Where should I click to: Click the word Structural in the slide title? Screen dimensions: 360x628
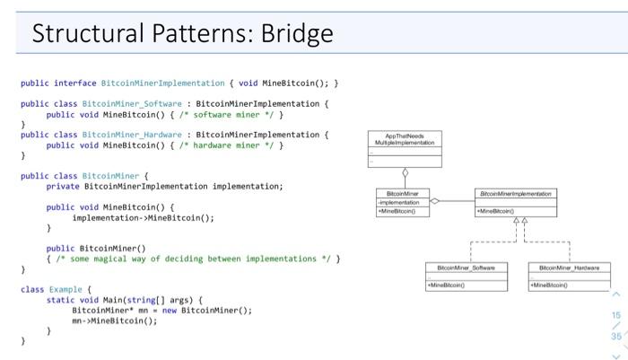87,34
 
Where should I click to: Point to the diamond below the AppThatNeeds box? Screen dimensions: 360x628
404,172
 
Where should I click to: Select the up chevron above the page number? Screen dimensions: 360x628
615,293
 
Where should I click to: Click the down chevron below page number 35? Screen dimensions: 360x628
615,353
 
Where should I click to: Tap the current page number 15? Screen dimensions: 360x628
615,314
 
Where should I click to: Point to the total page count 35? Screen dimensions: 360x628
615,337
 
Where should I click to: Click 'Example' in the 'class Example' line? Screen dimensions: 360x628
65,290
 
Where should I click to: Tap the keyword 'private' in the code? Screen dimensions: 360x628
63,186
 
